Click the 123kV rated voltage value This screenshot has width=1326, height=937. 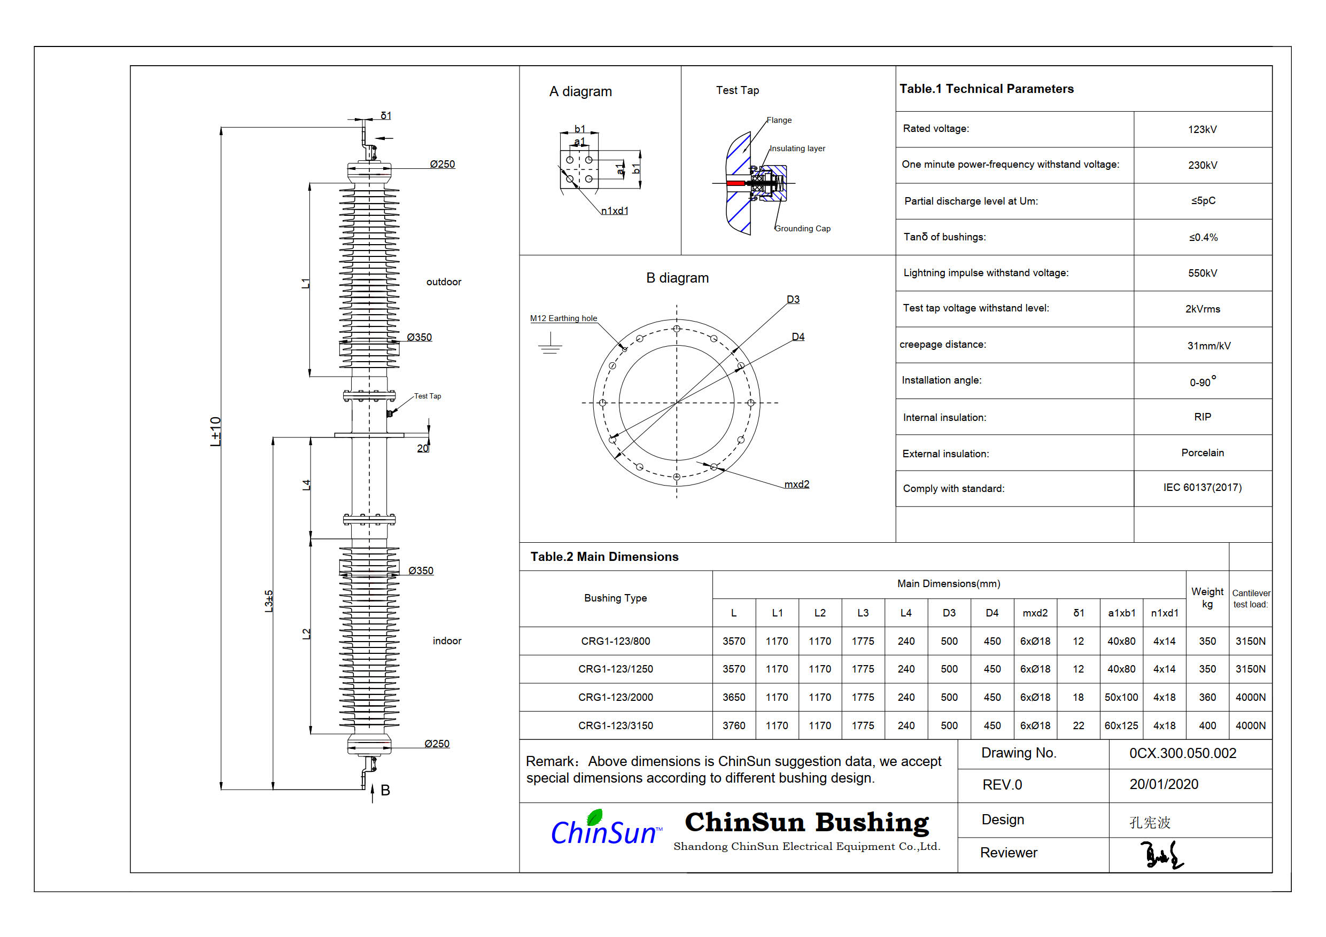coord(1202,129)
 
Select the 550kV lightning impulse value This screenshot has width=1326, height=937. coord(1202,273)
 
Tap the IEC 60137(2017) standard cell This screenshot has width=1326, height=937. coord(1202,487)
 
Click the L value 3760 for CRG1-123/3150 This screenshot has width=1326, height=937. coord(733,725)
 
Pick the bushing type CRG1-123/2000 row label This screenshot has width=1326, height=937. coord(616,698)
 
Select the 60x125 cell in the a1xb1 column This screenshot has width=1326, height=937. coord(1121,725)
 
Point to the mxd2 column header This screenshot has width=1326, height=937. coord(1035,613)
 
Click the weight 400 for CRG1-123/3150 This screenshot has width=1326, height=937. coord(1207,725)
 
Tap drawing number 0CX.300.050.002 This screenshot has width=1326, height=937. coord(1183,753)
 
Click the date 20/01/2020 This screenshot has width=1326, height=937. coord(1164,785)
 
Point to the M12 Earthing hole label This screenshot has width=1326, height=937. coord(564,318)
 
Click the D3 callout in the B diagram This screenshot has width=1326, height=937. coord(793,300)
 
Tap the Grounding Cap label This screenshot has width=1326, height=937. coord(802,229)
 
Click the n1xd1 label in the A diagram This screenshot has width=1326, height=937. coord(615,210)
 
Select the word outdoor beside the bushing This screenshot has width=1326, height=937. coord(444,282)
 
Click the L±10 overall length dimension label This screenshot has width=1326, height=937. coord(215,431)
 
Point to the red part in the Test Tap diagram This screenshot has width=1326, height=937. coord(735,183)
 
